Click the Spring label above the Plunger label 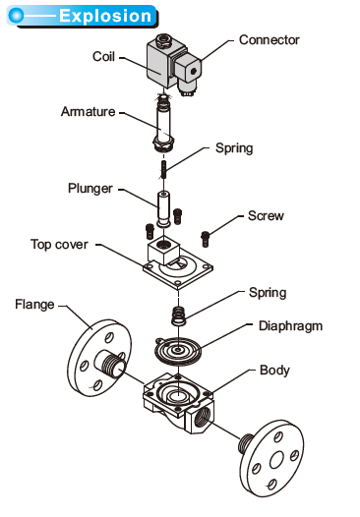point(235,148)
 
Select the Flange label point(34,304)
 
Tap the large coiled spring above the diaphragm point(181,316)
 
